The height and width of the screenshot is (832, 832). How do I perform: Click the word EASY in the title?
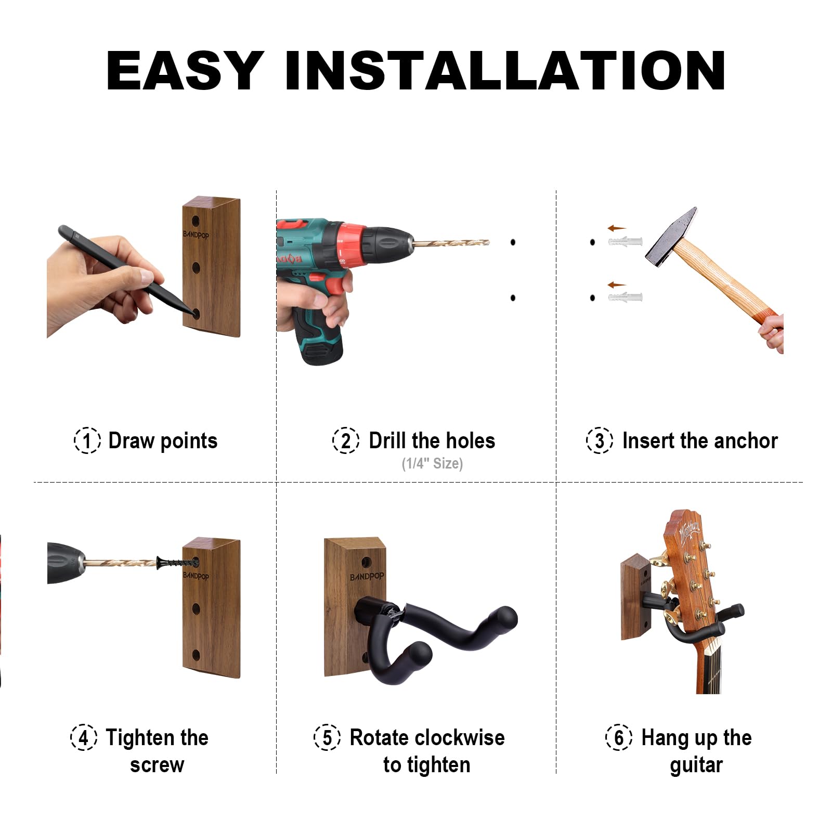[x=185, y=71]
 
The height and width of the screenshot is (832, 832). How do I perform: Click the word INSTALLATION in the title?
[x=505, y=71]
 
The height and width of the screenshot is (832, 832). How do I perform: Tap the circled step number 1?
[x=87, y=440]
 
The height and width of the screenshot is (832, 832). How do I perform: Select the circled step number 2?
[x=346, y=440]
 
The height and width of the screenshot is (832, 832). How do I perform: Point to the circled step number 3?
[x=600, y=440]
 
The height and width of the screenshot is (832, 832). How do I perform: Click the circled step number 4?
[x=83, y=737]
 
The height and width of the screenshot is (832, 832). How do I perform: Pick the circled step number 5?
[x=327, y=737]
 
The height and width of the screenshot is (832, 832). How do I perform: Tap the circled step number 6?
[x=619, y=737]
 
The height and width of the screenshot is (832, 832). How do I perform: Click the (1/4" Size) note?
[x=432, y=463]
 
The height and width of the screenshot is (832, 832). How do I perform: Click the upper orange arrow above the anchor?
[x=617, y=228]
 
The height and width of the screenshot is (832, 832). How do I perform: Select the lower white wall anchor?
[x=626, y=297]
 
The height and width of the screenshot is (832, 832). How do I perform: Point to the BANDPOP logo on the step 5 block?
[x=367, y=577]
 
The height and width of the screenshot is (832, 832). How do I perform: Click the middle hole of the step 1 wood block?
[x=196, y=268]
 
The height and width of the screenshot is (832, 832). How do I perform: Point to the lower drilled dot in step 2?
[x=513, y=298]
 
